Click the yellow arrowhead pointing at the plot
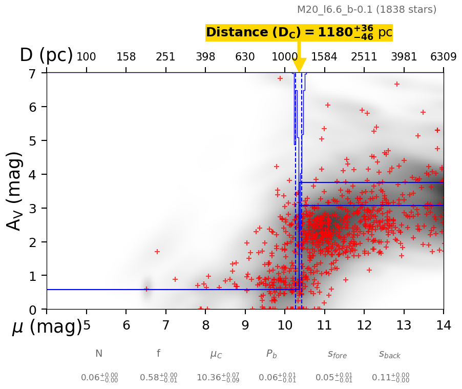(299, 65)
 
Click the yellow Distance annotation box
(299, 32)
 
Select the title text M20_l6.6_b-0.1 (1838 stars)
(367, 9)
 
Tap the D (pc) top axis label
(46, 55)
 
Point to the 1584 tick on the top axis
(324, 57)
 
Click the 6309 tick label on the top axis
(443, 57)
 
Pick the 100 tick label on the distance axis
(86, 57)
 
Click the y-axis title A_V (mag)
(15, 191)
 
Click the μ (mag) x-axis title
(47, 326)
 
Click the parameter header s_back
(390, 354)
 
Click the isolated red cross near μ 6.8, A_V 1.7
(157, 252)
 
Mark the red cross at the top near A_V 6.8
(280, 78)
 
